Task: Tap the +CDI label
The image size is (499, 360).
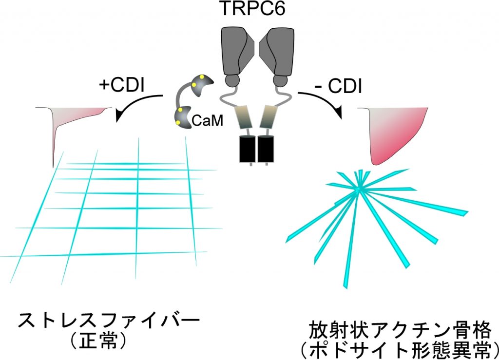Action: tap(121, 85)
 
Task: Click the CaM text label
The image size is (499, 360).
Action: tap(207, 121)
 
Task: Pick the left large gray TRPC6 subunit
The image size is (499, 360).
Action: tap(238, 51)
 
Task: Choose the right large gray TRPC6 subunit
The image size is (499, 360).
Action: tap(276, 51)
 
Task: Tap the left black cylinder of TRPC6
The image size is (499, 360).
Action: tap(248, 149)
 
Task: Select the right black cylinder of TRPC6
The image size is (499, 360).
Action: tap(266, 149)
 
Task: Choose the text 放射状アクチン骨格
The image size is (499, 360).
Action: tap(400, 331)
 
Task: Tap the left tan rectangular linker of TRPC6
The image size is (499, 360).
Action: tap(245, 117)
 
